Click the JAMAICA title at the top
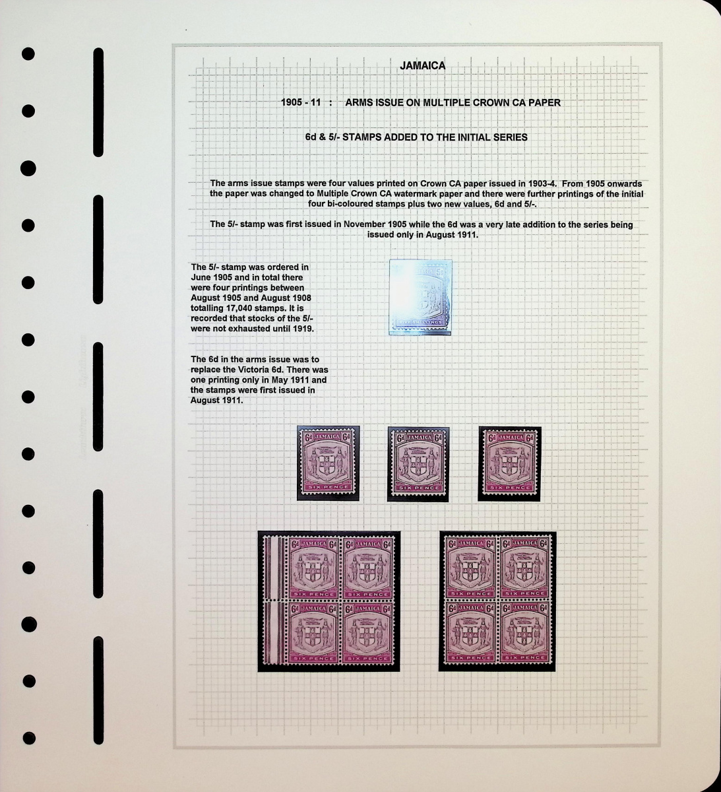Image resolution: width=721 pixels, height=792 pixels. pos(422,65)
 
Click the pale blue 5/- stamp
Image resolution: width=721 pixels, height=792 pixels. pos(420,297)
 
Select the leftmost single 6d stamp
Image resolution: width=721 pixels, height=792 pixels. pos(328,462)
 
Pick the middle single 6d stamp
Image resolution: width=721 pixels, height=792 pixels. pos(418,463)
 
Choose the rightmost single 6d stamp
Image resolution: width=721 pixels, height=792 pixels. pos(509,463)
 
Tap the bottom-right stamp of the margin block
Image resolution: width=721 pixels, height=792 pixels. pos(368,633)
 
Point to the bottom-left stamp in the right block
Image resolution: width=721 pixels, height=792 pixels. pos(471,632)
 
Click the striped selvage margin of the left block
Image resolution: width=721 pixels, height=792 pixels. pos(275,601)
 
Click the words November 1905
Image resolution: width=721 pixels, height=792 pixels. pos(375,224)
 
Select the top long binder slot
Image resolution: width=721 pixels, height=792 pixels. pos(98,102)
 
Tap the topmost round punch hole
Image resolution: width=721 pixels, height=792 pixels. pos(28,53)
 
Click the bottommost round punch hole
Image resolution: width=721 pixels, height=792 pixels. pos(29,738)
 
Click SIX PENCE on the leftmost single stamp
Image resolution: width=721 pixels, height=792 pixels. pos(329,487)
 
